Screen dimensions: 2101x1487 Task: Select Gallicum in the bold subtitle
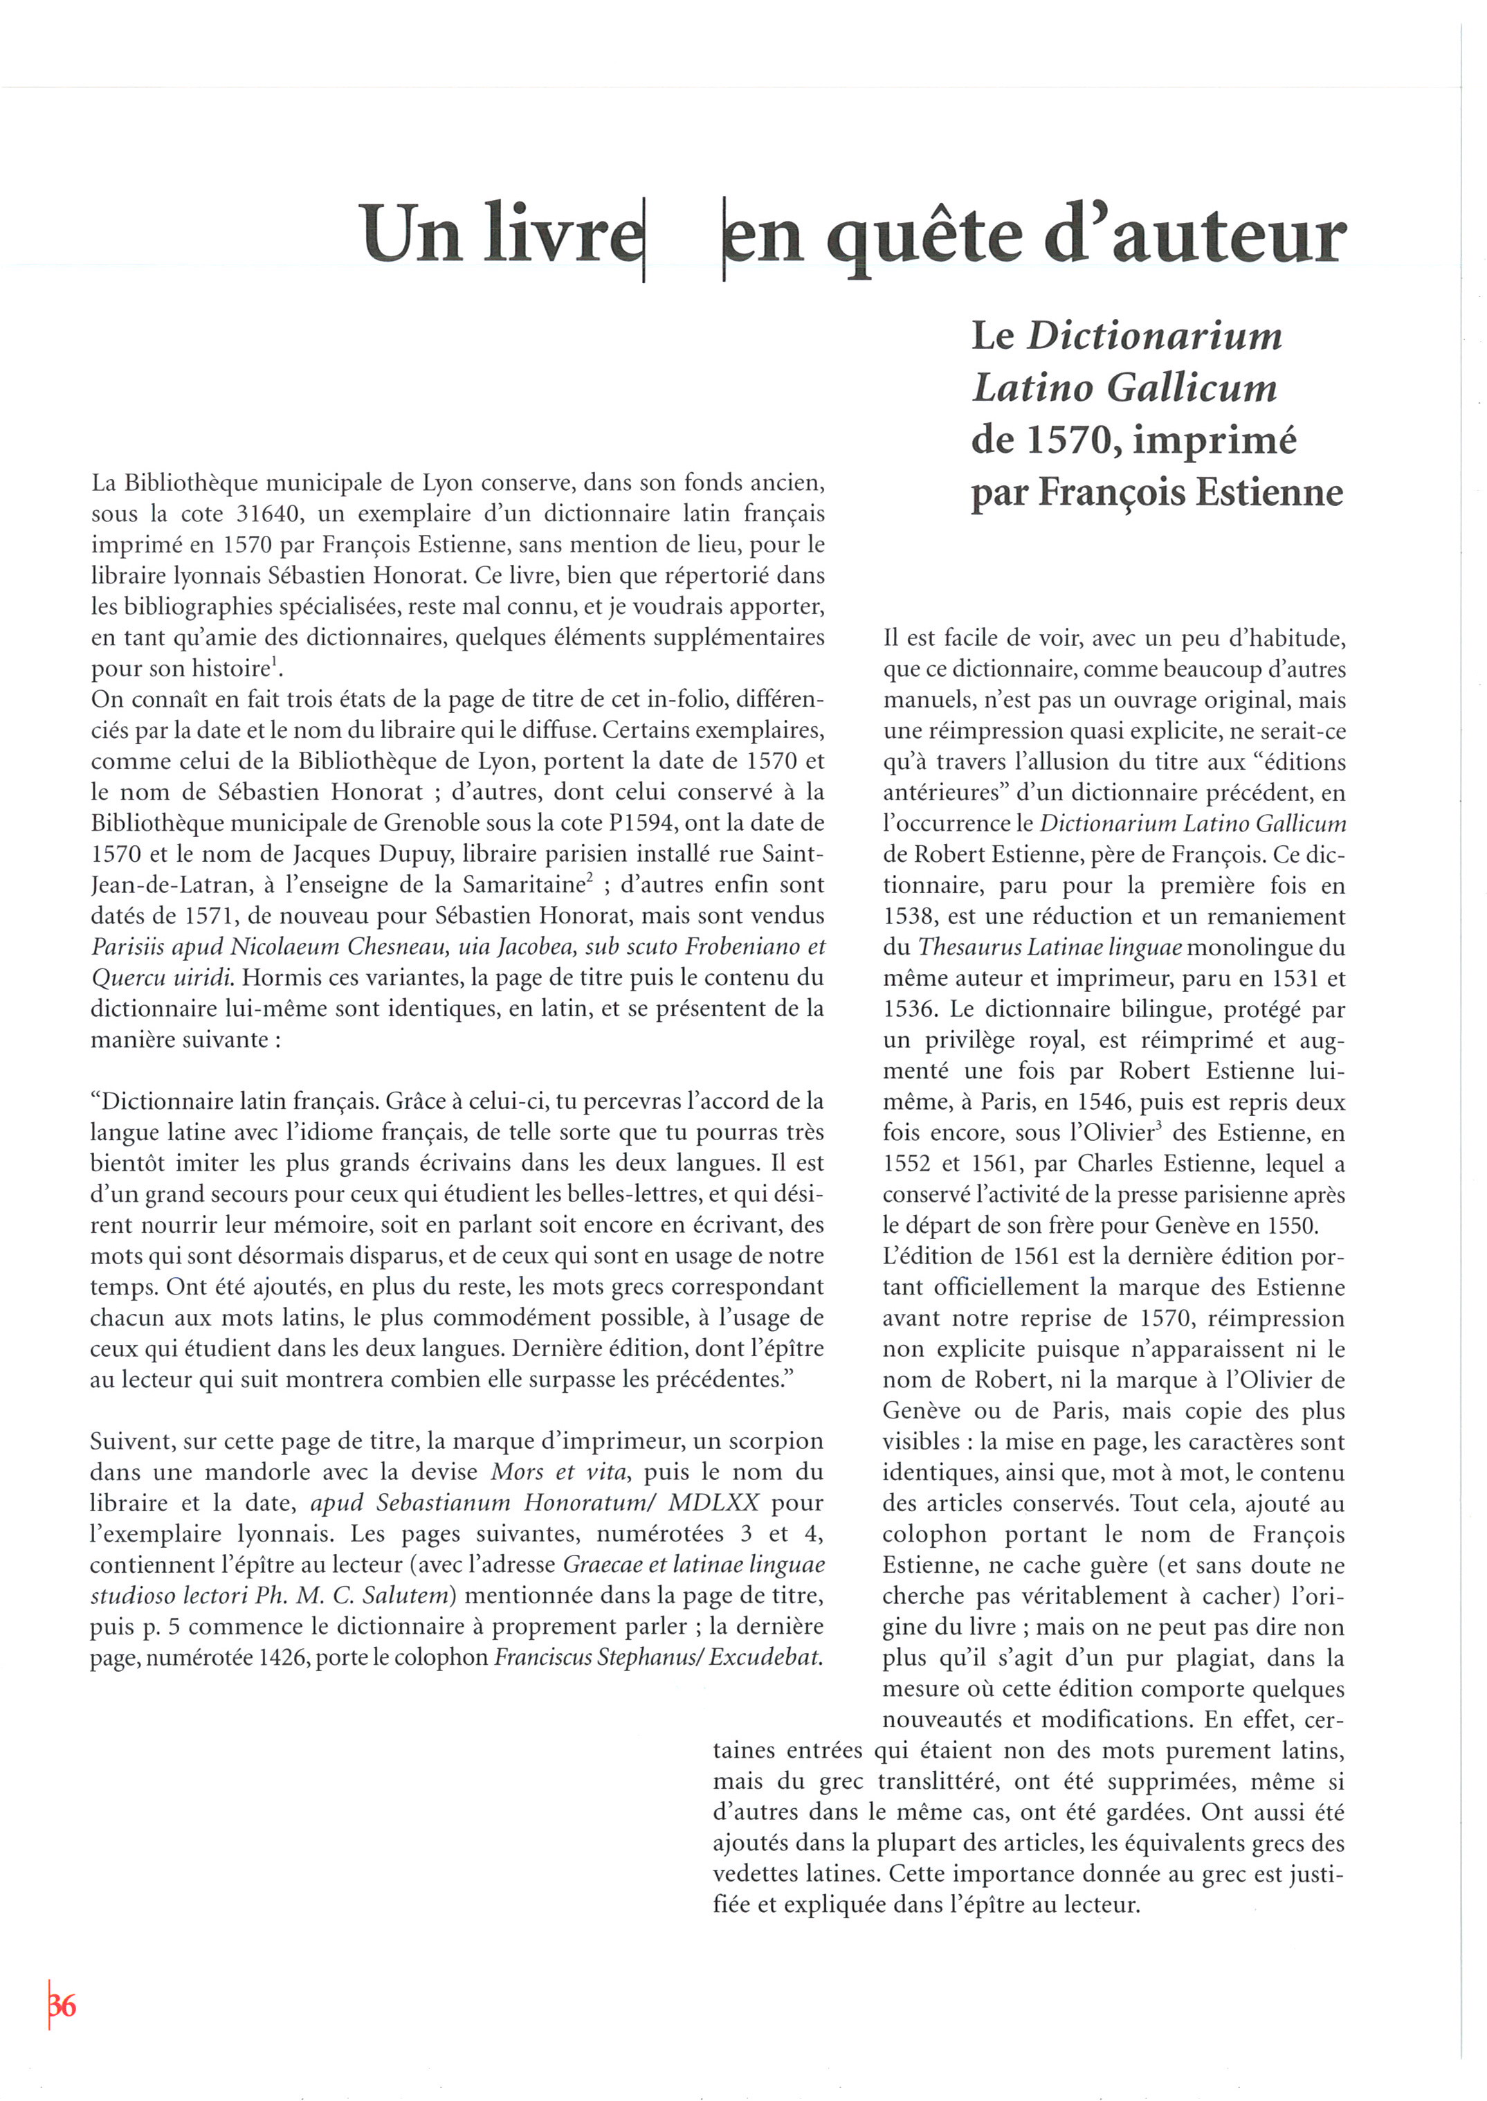pos(1192,388)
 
